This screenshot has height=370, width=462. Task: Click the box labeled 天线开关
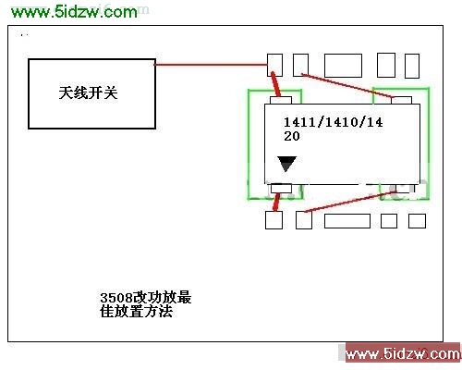[91, 93]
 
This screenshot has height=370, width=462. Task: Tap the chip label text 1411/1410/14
[333, 122]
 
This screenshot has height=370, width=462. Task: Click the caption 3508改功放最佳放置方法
[145, 304]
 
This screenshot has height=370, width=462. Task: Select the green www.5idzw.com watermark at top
[74, 12]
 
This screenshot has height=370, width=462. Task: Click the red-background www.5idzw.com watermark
[403, 354]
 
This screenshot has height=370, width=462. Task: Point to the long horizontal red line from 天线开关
[211, 65]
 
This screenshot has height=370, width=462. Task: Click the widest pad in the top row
[343, 66]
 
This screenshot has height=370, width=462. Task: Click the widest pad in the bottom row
[347, 221]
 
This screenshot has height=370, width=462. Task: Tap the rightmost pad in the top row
[412, 66]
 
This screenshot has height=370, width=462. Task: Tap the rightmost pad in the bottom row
[417, 221]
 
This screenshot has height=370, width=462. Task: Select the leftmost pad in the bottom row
[274, 220]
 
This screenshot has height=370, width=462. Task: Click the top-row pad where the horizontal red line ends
[274, 65]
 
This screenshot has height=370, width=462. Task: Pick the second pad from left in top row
[300, 65]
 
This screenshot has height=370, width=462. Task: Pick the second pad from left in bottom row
[304, 220]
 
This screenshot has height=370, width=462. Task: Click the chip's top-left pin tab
[281, 100]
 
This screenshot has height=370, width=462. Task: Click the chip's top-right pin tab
[402, 100]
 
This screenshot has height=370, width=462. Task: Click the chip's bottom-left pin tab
[281, 188]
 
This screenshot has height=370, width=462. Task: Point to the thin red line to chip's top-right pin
[347, 86]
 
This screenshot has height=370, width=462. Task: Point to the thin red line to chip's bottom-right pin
[350, 202]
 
